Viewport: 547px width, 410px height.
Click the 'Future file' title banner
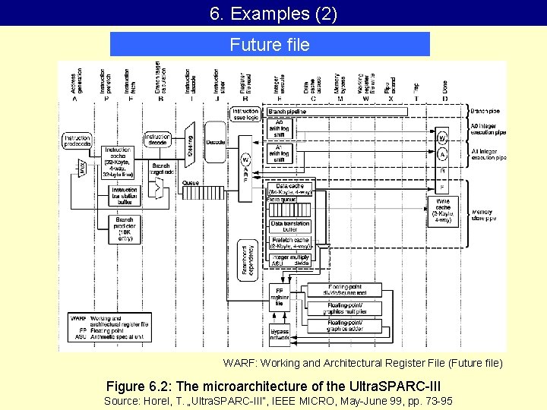(x=270, y=44)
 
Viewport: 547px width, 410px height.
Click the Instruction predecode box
(x=77, y=140)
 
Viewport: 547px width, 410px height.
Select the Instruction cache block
(x=117, y=161)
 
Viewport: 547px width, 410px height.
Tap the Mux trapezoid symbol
(x=84, y=169)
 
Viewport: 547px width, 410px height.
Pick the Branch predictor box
(x=124, y=229)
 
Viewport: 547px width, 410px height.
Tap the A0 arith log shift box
(x=279, y=130)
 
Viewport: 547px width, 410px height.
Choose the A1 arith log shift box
(x=279, y=154)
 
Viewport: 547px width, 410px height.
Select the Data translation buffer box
(x=290, y=225)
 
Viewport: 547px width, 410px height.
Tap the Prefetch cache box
(x=290, y=242)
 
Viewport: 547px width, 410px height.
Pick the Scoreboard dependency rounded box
(x=247, y=260)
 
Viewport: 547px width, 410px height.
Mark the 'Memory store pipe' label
(x=483, y=215)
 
